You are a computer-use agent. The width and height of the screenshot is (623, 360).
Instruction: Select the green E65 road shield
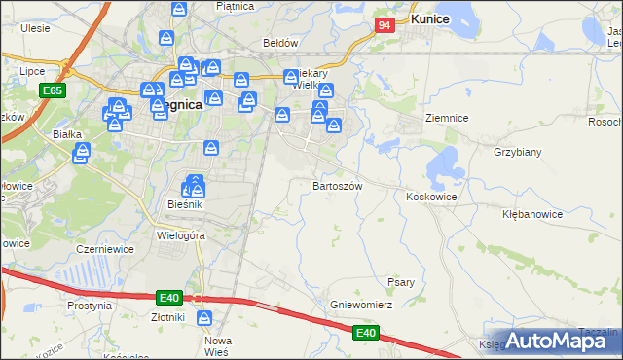[53, 90]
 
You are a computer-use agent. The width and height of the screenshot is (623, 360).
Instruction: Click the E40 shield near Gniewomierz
[365, 333]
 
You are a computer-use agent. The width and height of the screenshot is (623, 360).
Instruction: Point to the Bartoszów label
[337, 185]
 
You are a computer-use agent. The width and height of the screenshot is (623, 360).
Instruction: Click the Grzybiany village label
[518, 152]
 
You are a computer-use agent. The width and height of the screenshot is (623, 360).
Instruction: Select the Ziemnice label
[447, 118]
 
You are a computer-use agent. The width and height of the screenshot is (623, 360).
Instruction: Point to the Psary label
[401, 282]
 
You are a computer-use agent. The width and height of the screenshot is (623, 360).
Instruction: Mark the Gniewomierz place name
[360, 305]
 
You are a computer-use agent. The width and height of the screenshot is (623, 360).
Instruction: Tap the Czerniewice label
[104, 249]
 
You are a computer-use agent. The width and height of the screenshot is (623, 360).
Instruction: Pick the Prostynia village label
[91, 306]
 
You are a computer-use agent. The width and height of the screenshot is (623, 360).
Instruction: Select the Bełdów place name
[280, 43]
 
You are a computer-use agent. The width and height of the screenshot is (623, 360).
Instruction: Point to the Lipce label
[32, 71]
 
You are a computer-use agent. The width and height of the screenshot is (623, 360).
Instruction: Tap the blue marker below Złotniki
[204, 317]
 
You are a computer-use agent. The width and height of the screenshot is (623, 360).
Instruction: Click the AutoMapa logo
[564, 340]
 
